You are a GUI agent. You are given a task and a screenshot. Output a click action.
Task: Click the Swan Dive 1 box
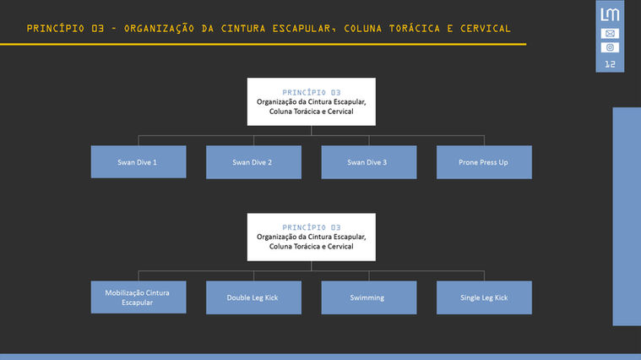point(139,161)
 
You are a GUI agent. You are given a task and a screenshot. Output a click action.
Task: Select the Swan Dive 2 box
point(253,161)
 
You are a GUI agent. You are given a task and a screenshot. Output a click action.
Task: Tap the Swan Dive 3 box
point(368,161)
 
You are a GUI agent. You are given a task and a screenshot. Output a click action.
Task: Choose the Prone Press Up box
point(484,161)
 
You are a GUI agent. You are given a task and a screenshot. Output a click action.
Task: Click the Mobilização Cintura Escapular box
point(139,297)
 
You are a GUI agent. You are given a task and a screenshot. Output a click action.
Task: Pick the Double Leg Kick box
point(253,297)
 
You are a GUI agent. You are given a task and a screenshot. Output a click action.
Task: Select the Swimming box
point(368,297)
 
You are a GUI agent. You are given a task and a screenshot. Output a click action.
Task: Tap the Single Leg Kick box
point(484,297)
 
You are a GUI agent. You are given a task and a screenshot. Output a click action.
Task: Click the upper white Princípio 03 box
point(311,101)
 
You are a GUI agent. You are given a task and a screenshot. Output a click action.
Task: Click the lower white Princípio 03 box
point(311,237)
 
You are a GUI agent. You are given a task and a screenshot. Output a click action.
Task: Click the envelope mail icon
point(610,34)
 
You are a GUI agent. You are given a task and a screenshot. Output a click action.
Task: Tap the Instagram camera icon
point(610,47)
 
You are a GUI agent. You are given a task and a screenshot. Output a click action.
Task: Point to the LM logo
point(610,14)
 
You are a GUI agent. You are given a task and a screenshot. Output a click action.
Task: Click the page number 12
point(610,64)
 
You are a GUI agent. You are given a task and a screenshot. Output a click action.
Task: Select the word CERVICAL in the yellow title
point(481,29)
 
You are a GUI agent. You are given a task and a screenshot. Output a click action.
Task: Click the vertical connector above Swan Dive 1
point(139,140)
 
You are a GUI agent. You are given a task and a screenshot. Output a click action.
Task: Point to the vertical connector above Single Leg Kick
point(484,275)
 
